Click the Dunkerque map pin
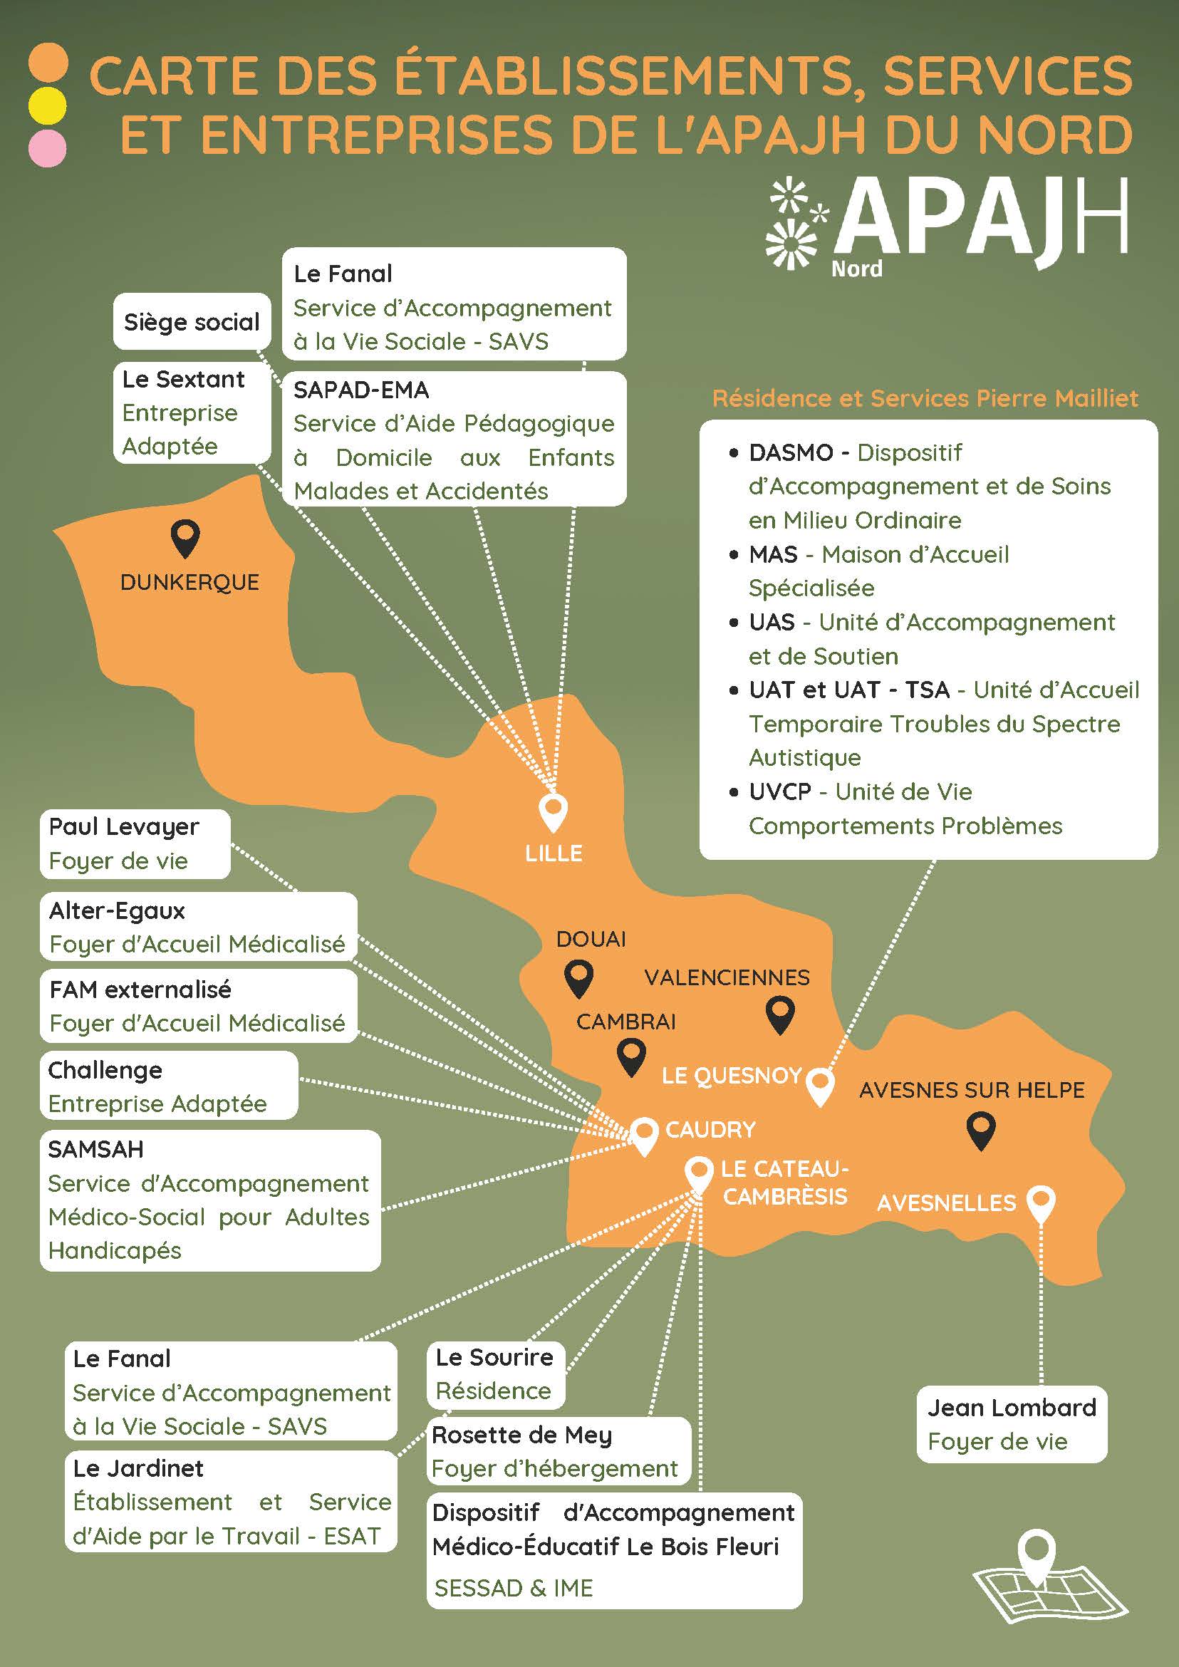185,538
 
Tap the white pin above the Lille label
554,811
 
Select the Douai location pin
578,977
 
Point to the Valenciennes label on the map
727,977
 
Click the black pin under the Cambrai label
631,1057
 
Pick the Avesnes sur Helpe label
972,1090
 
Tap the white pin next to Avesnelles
1041,1203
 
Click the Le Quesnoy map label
731,1076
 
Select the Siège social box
192,321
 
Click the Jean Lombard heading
1012,1408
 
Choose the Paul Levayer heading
123,826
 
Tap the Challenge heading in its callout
105,1069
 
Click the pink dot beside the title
47,149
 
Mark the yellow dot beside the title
47,105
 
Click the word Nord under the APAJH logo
857,269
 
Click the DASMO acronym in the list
791,452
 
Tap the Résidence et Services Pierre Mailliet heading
924,398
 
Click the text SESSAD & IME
513,1588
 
